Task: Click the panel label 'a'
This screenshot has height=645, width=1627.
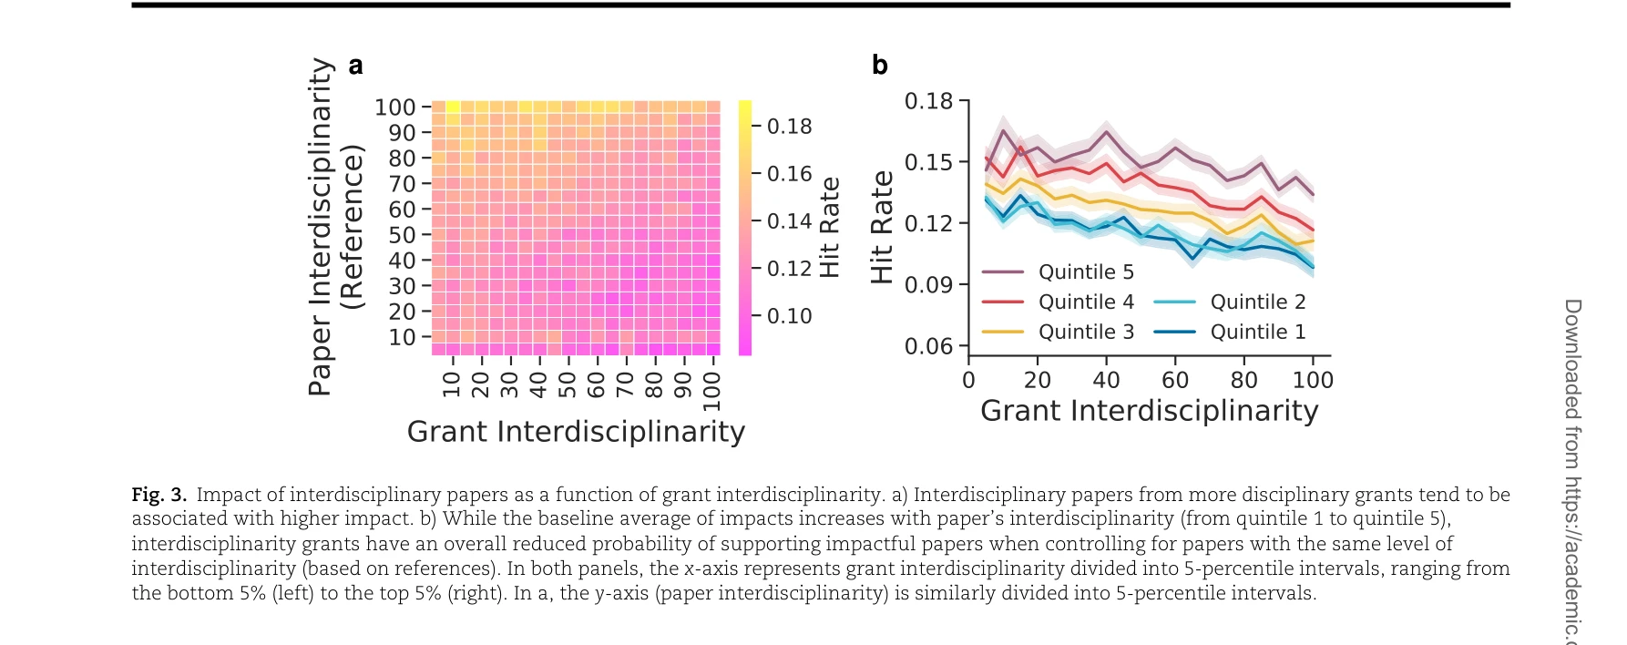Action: [355, 67]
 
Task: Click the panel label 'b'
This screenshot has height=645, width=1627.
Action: [879, 66]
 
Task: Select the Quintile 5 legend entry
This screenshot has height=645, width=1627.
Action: [1059, 271]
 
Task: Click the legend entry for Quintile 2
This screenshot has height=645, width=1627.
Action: [1231, 302]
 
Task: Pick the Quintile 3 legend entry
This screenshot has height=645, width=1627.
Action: [1059, 332]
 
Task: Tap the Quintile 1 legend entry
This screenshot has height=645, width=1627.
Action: [1231, 332]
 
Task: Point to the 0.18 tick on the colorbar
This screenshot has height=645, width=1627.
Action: [789, 127]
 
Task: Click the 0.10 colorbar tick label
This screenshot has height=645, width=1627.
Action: [789, 316]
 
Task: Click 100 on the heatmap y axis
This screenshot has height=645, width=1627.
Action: [394, 107]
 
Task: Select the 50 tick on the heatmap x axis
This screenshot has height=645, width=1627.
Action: [567, 385]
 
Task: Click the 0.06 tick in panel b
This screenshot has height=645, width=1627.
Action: [928, 346]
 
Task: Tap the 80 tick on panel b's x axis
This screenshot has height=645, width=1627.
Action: [1243, 380]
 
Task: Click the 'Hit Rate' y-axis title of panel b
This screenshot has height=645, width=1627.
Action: [882, 227]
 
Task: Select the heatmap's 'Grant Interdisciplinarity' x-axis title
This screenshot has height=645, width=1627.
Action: [576, 432]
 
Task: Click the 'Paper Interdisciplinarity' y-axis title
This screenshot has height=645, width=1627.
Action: [321, 227]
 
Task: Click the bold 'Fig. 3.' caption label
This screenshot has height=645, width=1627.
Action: [159, 495]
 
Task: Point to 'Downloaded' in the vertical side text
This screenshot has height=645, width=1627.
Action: [1573, 359]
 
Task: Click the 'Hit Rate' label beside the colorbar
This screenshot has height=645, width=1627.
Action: [829, 227]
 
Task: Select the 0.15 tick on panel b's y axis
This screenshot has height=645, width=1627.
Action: [928, 162]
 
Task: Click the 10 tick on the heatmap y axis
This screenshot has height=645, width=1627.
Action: [402, 337]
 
